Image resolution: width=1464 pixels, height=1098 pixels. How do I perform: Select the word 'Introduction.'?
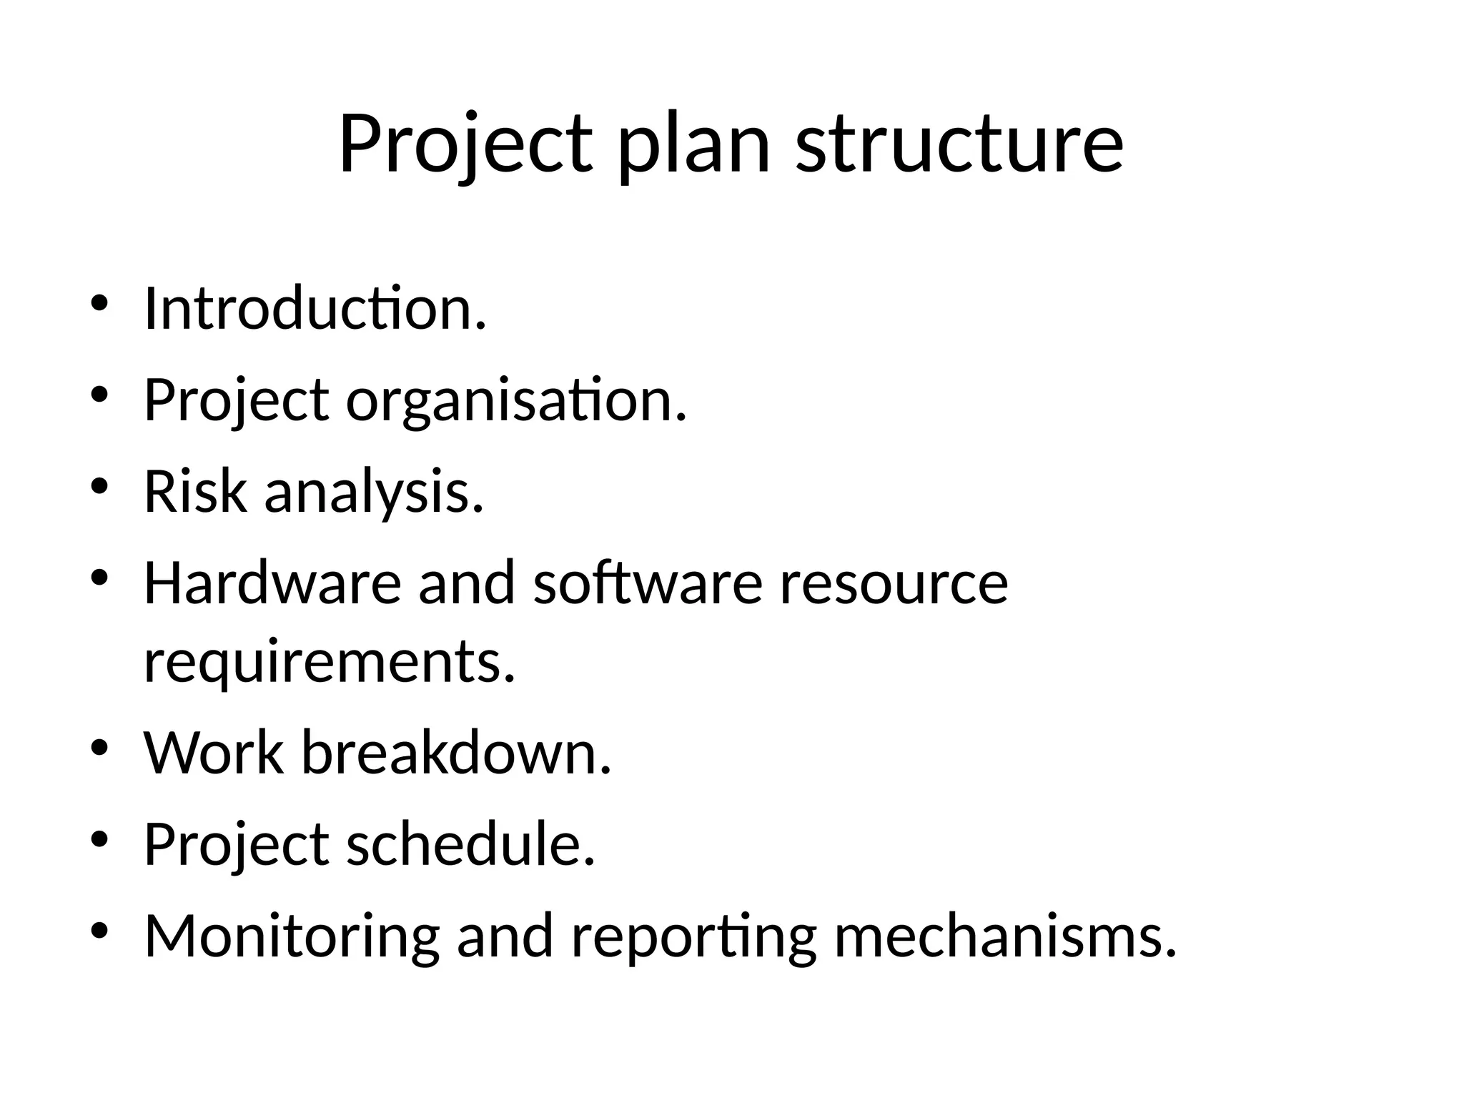(x=315, y=309)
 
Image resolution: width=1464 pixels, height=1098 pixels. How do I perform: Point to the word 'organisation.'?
(x=516, y=401)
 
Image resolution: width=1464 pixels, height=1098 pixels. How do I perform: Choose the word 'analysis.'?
(x=374, y=493)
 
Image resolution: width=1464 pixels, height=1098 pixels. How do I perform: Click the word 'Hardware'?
(x=272, y=583)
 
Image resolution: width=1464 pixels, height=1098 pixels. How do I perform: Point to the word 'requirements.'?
(x=330, y=661)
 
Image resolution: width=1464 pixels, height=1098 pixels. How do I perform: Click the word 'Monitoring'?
(x=292, y=936)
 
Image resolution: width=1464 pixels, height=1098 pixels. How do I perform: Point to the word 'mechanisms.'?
(x=1005, y=936)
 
